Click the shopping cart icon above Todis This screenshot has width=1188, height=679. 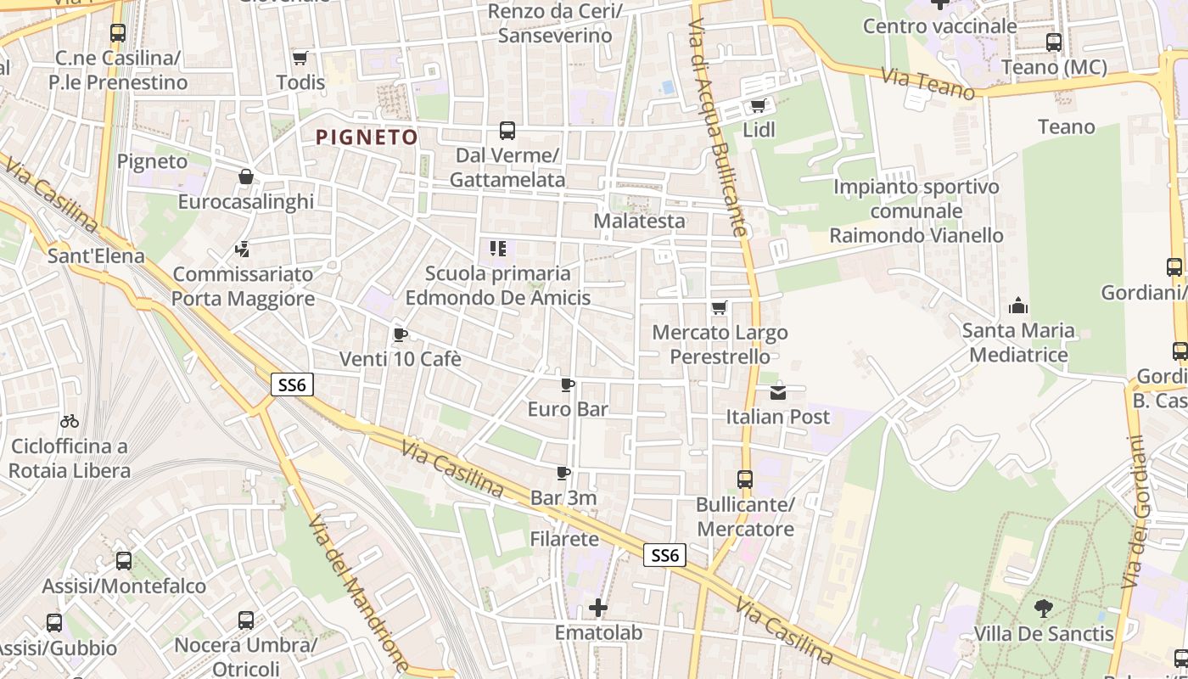(300, 58)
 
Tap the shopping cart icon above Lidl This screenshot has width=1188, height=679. (758, 106)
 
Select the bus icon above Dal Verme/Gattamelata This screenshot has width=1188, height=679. (507, 131)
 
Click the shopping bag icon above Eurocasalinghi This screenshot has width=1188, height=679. (246, 177)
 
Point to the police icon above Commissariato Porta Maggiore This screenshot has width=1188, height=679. (243, 250)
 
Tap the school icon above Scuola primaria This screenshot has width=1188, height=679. (498, 249)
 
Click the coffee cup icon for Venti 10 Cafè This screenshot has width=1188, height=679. (401, 334)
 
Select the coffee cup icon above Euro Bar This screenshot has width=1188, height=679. (568, 384)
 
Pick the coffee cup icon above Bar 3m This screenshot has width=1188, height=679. (563, 473)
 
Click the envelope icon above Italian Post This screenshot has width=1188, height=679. (778, 392)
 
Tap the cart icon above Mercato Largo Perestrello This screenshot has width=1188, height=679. (720, 307)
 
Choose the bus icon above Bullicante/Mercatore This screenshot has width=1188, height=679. (745, 480)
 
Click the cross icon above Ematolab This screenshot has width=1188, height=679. (598, 608)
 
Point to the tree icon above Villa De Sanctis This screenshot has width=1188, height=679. (1044, 608)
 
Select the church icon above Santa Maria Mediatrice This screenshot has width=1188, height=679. (1018, 306)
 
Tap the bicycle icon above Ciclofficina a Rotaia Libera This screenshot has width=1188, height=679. (70, 421)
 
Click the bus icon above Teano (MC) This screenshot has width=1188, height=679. (1054, 42)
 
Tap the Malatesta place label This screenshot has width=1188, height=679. (639, 221)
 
